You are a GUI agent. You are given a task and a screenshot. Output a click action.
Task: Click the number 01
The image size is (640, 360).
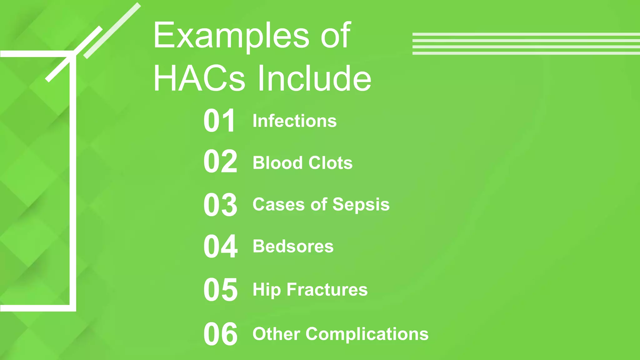pyautogui.click(x=219, y=121)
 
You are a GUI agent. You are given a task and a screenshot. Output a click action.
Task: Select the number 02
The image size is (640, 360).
pyautogui.click(x=220, y=162)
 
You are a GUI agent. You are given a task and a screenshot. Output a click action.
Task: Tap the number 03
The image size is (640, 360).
pyautogui.click(x=220, y=205)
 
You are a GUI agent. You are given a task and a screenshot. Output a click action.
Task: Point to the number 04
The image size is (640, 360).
pyautogui.click(x=220, y=247)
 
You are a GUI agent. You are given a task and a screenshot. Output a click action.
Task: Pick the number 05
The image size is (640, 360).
pyautogui.click(x=220, y=290)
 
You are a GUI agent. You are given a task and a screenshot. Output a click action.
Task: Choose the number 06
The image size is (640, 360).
pyautogui.click(x=220, y=334)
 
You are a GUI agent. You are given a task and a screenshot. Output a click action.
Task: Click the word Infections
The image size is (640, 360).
pyautogui.click(x=294, y=121)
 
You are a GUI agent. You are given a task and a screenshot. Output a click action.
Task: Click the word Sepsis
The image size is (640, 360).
pyautogui.click(x=361, y=205)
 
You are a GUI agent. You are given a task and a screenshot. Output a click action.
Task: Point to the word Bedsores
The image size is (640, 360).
pyautogui.click(x=293, y=246)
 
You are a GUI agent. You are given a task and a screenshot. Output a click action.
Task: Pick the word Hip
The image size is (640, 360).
pyautogui.click(x=266, y=290)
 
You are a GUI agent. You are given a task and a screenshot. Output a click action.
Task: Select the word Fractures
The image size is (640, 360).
pyautogui.click(x=327, y=289)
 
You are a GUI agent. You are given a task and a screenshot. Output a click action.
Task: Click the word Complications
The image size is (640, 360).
pyautogui.click(x=367, y=334)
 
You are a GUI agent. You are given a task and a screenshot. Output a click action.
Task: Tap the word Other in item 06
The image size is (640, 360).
pyautogui.click(x=276, y=334)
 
